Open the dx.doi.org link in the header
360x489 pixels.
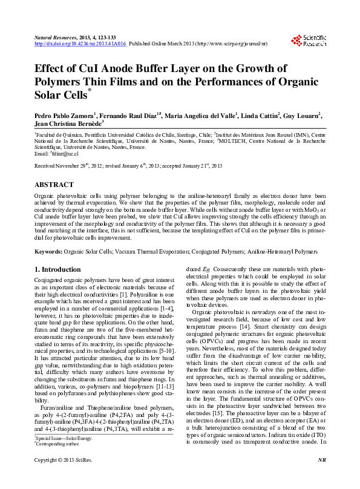[x=80, y=44]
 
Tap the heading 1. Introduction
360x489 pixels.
[x=57, y=269]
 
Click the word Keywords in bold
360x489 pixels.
[x=48, y=251]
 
